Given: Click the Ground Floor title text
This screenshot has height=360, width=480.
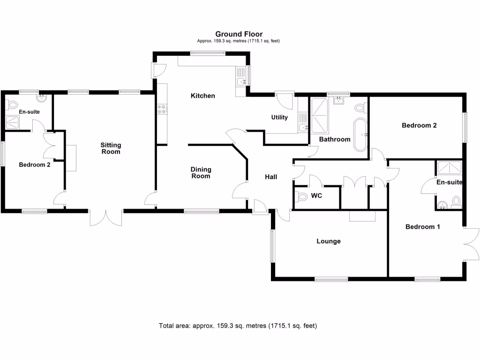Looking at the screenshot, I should (x=239, y=34).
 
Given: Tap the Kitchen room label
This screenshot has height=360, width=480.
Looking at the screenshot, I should (x=202, y=96).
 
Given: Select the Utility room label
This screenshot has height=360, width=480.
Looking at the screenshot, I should (x=279, y=117).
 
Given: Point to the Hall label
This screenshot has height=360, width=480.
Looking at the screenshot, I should (x=271, y=177).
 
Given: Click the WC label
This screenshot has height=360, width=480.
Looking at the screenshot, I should (x=317, y=196).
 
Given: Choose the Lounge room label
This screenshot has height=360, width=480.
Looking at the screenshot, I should (x=328, y=241).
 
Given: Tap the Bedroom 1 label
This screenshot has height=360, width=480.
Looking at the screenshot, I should (x=423, y=227).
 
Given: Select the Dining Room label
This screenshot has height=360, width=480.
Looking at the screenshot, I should (x=201, y=172).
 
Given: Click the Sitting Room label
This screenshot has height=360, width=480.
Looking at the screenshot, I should (x=111, y=148).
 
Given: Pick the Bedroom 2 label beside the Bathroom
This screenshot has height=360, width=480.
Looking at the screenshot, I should (x=419, y=125).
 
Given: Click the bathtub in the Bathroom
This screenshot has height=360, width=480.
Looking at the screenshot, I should (x=360, y=135).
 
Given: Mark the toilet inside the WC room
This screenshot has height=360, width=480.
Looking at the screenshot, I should (x=302, y=196).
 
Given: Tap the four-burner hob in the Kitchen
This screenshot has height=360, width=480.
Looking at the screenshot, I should (x=162, y=109).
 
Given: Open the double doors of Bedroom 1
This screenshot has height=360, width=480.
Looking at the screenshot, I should (x=472, y=244).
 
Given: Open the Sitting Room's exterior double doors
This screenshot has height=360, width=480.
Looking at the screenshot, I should (x=106, y=217).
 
